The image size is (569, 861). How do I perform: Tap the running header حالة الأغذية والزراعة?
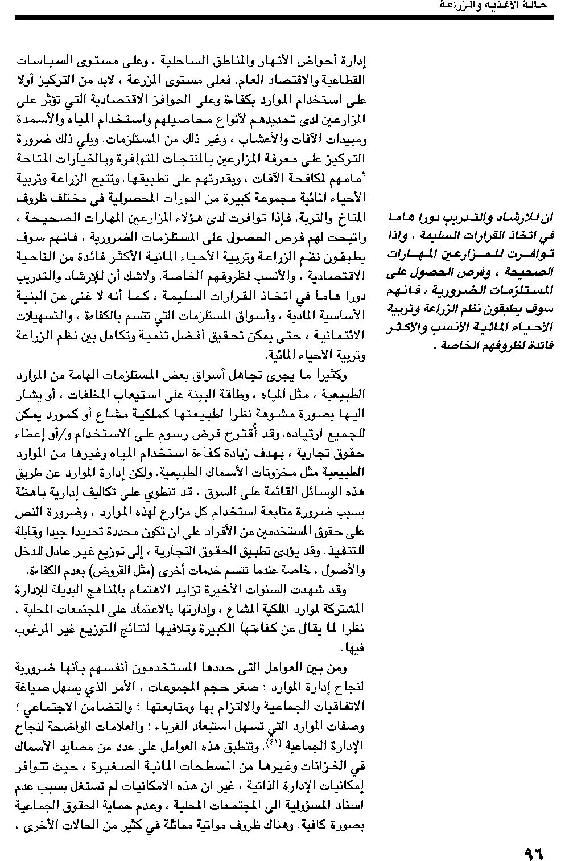click(494, 6)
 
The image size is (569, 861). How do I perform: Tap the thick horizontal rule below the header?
click(284, 18)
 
